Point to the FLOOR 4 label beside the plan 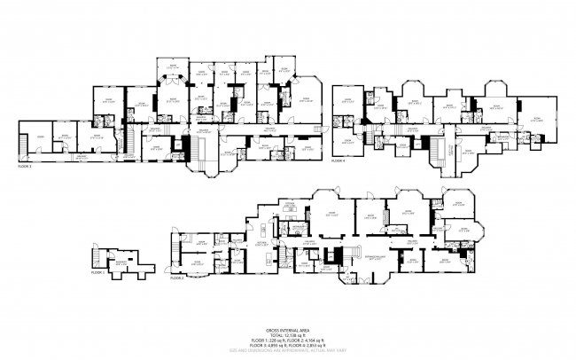(339, 161)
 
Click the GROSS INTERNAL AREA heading (288, 327)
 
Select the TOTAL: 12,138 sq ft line (288, 333)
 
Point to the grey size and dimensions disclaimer (288, 349)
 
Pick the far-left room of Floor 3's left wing (40, 140)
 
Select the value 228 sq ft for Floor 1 (274, 339)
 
